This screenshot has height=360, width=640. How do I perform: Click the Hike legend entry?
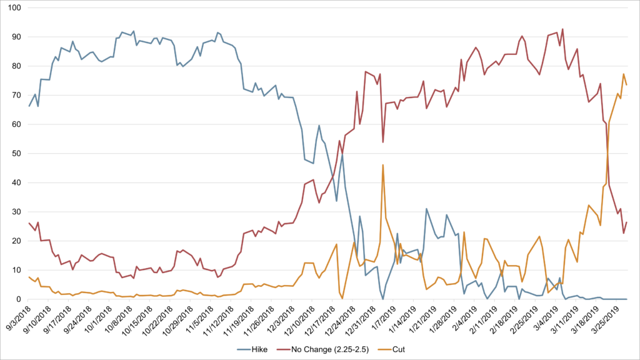click(x=252, y=349)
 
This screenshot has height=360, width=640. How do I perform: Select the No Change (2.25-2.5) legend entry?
click(x=323, y=349)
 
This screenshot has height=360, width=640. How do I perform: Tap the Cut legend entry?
click(x=391, y=349)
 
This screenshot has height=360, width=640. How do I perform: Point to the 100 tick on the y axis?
click(x=14, y=7)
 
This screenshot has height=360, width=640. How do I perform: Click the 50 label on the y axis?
click(x=16, y=154)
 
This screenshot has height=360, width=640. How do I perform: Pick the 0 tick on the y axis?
click(x=19, y=299)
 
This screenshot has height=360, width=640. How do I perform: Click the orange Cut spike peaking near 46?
click(x=383, y=165)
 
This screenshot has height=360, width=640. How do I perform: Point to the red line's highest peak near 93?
click(x=562, y=29)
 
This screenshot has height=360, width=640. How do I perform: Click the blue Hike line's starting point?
click(x=29, y=106)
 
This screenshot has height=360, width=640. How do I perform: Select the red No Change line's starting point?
click(x=29, y=223)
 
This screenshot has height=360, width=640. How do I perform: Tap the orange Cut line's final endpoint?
click(x=626, y=85)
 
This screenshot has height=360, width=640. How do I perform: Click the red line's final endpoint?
click(x=626, y=222)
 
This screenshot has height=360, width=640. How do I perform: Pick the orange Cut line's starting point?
click(x=29, y=277)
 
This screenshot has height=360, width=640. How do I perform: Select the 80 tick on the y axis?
click(x=16, y=66)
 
